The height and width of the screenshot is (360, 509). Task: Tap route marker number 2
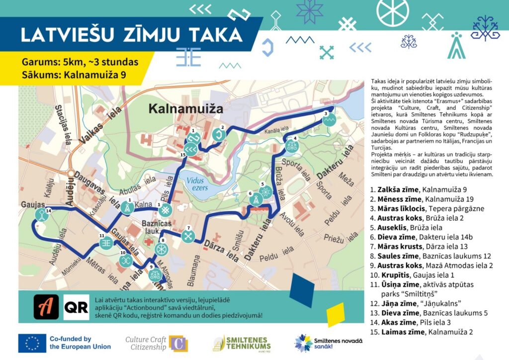218,135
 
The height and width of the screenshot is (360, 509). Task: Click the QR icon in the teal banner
77,307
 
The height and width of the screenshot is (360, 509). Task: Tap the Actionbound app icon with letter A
46,307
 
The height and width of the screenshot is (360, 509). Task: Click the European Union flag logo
32,343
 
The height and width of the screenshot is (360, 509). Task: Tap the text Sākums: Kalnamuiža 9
74,75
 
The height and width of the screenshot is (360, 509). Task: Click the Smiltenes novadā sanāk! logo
328,343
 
